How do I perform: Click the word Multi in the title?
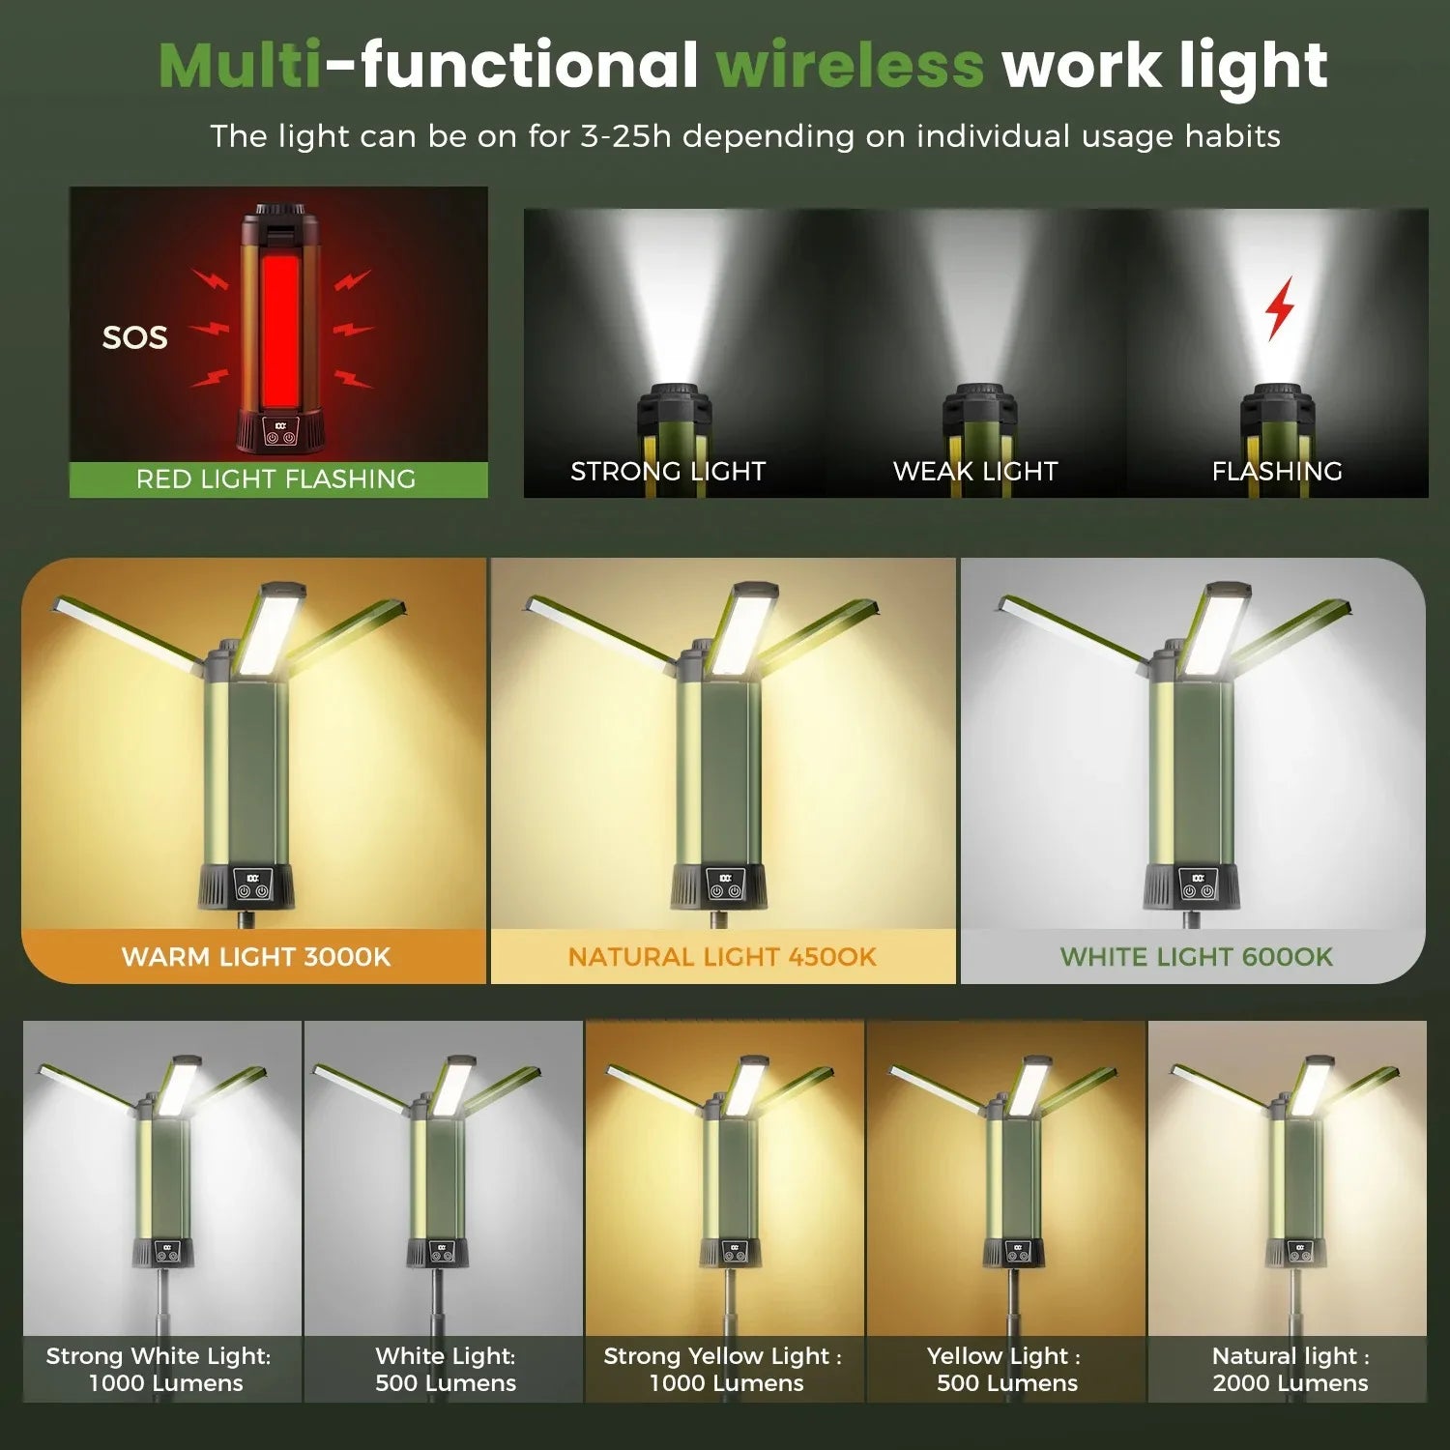click(240, 66)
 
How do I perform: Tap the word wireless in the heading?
click(850, 66)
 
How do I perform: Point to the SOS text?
click(135, 337)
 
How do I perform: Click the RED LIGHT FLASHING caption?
click(276, 478)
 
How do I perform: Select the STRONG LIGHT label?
click(668, 471)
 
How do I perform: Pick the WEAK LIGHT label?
click(975, 471)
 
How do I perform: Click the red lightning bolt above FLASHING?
click(1280, 307)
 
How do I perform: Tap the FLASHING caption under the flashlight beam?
click(1277, 471)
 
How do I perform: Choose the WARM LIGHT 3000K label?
click(256, 957)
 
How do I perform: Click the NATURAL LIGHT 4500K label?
click(722, 957)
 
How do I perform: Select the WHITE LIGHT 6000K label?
click(1196, 957)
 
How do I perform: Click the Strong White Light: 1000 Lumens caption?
click(159, 1369)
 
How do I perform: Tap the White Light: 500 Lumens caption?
click(446, 1369)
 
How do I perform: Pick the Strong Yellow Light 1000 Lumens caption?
click(724, 1369)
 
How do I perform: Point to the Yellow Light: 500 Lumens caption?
click(1006, 1369)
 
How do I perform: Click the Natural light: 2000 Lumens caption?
click(1290, 1369)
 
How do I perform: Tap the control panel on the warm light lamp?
click(252, 885)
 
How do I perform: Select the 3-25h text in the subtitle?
click(624, 136)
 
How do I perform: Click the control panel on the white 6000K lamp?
click(1198, 885)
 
